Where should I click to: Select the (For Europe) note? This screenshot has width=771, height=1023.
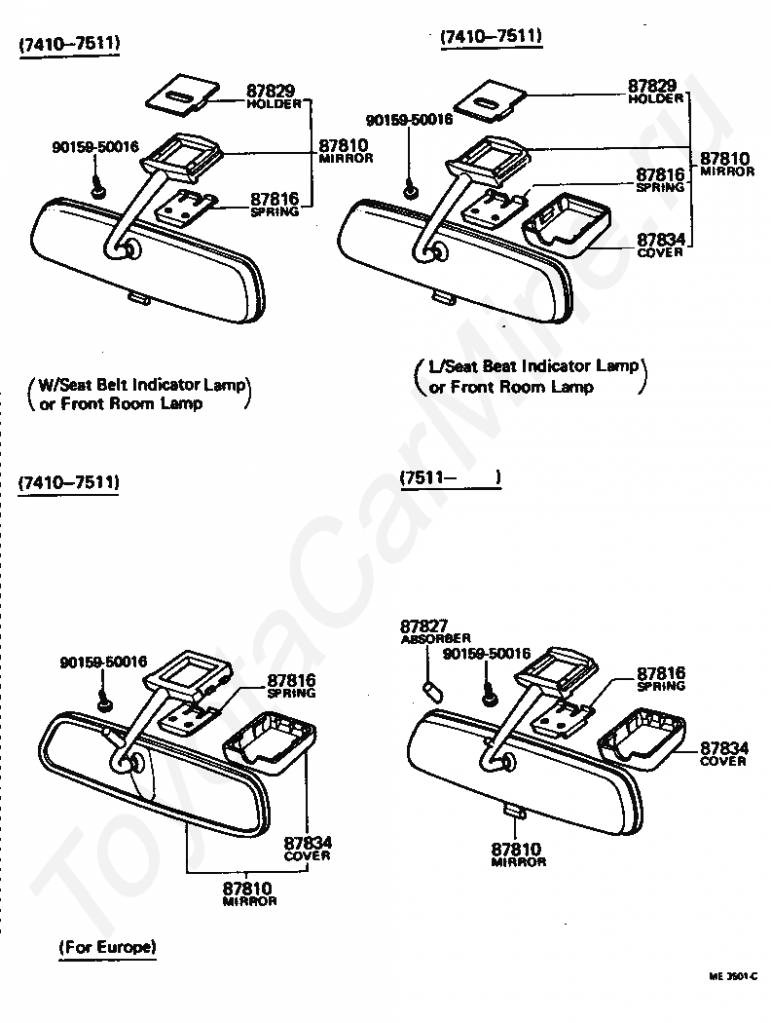click(107, 946)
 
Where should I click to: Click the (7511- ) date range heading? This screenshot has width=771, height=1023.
click(449, 477)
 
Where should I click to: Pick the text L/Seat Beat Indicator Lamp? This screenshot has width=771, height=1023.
click(533, 366)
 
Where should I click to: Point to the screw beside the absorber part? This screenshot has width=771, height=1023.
click(490, 696)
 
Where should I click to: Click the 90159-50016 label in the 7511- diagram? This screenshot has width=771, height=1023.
click(486, 654)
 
